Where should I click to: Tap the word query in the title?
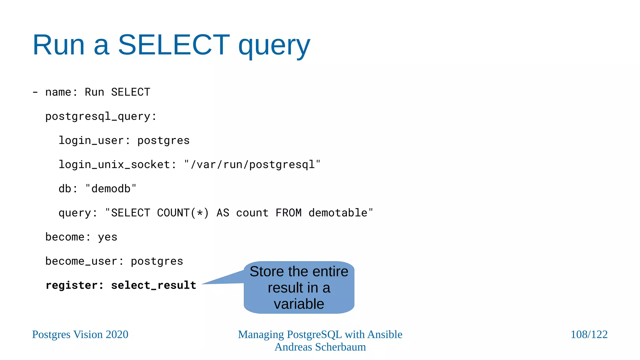pyautogui.click(x=274, y=46)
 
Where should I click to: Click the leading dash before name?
pyautogui.click(x=35, y=92)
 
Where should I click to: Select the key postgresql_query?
pyautogui.click(x=101, y=117)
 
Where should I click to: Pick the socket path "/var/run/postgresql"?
pyautogui.click(x=252, y=165)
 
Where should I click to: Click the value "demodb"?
pyautogui.click(x=111, y=189)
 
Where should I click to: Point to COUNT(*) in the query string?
pyautogui.click(x=182, y=213)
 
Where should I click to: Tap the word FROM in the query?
pyautogui.click(x=288, y=213)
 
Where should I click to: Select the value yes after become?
pyautogui.click(x=107, y=237)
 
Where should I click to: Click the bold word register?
pyautogui.click(x=74, y=285)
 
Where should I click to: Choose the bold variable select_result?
pyautogui.click(x=153, y=285)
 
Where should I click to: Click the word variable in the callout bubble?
pyautogui.click(x=299, y=304)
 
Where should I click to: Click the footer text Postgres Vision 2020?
pyautogui.click(x=80, y=334)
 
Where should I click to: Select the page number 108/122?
pyautogui.click(x=589, y=334)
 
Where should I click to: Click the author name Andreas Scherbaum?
pyautogui.click(x=320, y=347)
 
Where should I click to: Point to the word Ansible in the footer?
pyautogui.click(x=385, y=334)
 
